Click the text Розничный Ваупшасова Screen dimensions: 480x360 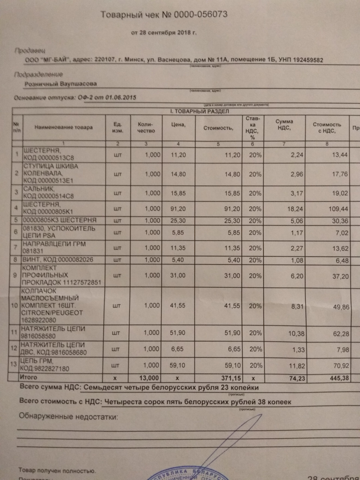[x=61, y=84]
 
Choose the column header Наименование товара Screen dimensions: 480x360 [x=63, y=127]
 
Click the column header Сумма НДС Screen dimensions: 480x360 [x=284, y=124]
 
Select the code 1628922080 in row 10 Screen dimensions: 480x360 [x=39, y=320]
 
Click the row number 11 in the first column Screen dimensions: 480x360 [x=15, y=332]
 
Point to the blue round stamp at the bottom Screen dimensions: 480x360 [x=187, y=475]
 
